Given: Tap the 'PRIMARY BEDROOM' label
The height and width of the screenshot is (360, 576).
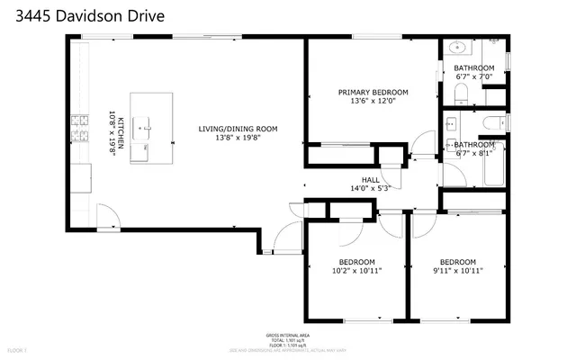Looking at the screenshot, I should coord(373,92).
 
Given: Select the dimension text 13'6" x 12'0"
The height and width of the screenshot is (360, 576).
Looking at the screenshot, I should coord(373,102).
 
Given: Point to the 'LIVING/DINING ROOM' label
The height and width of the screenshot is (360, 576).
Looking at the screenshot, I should coord(238,129).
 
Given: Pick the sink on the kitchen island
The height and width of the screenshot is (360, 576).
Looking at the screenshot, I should coord(144,128).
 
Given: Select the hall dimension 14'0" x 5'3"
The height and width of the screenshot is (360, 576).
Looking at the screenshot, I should coord(370,188).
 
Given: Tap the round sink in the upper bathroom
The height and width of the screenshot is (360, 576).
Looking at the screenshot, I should coord(455,48).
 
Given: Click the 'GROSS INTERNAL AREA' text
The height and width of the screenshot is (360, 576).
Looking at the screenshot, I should coord(288,333).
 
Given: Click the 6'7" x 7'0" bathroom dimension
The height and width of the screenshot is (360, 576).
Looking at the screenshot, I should coord(473,77).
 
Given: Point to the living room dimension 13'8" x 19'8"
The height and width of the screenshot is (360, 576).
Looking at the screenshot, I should coord(238,139).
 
